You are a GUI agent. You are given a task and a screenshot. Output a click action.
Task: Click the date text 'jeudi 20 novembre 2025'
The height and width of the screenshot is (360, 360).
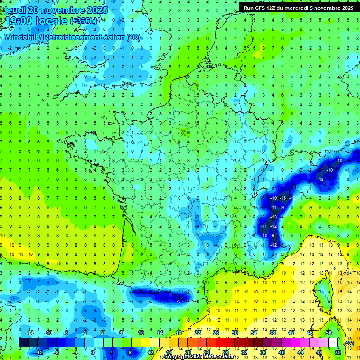55,10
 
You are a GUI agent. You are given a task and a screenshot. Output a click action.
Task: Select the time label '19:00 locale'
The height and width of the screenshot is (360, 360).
35,21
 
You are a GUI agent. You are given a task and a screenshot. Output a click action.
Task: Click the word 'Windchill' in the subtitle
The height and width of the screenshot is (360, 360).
21,37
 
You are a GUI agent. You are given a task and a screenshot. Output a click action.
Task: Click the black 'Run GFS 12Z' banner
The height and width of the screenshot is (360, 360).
298,8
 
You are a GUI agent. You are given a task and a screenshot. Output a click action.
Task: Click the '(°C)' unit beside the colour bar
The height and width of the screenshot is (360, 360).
349,343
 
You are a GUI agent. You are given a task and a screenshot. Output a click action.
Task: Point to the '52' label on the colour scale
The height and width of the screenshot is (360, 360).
338,352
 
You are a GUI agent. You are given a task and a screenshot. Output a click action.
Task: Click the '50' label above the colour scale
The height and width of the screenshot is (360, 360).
328,332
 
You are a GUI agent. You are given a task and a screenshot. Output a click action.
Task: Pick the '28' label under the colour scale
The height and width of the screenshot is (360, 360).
225,352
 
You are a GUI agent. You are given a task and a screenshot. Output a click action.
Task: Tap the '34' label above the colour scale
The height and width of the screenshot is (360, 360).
253,332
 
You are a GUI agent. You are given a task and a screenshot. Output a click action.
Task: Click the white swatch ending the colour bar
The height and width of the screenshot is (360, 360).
333,343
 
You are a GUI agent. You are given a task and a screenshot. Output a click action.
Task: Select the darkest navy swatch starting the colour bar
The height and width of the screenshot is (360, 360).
24,343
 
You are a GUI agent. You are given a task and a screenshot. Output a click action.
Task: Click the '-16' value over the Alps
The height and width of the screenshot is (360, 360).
283,198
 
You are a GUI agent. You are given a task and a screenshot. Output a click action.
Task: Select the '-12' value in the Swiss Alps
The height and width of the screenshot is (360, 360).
321,180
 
